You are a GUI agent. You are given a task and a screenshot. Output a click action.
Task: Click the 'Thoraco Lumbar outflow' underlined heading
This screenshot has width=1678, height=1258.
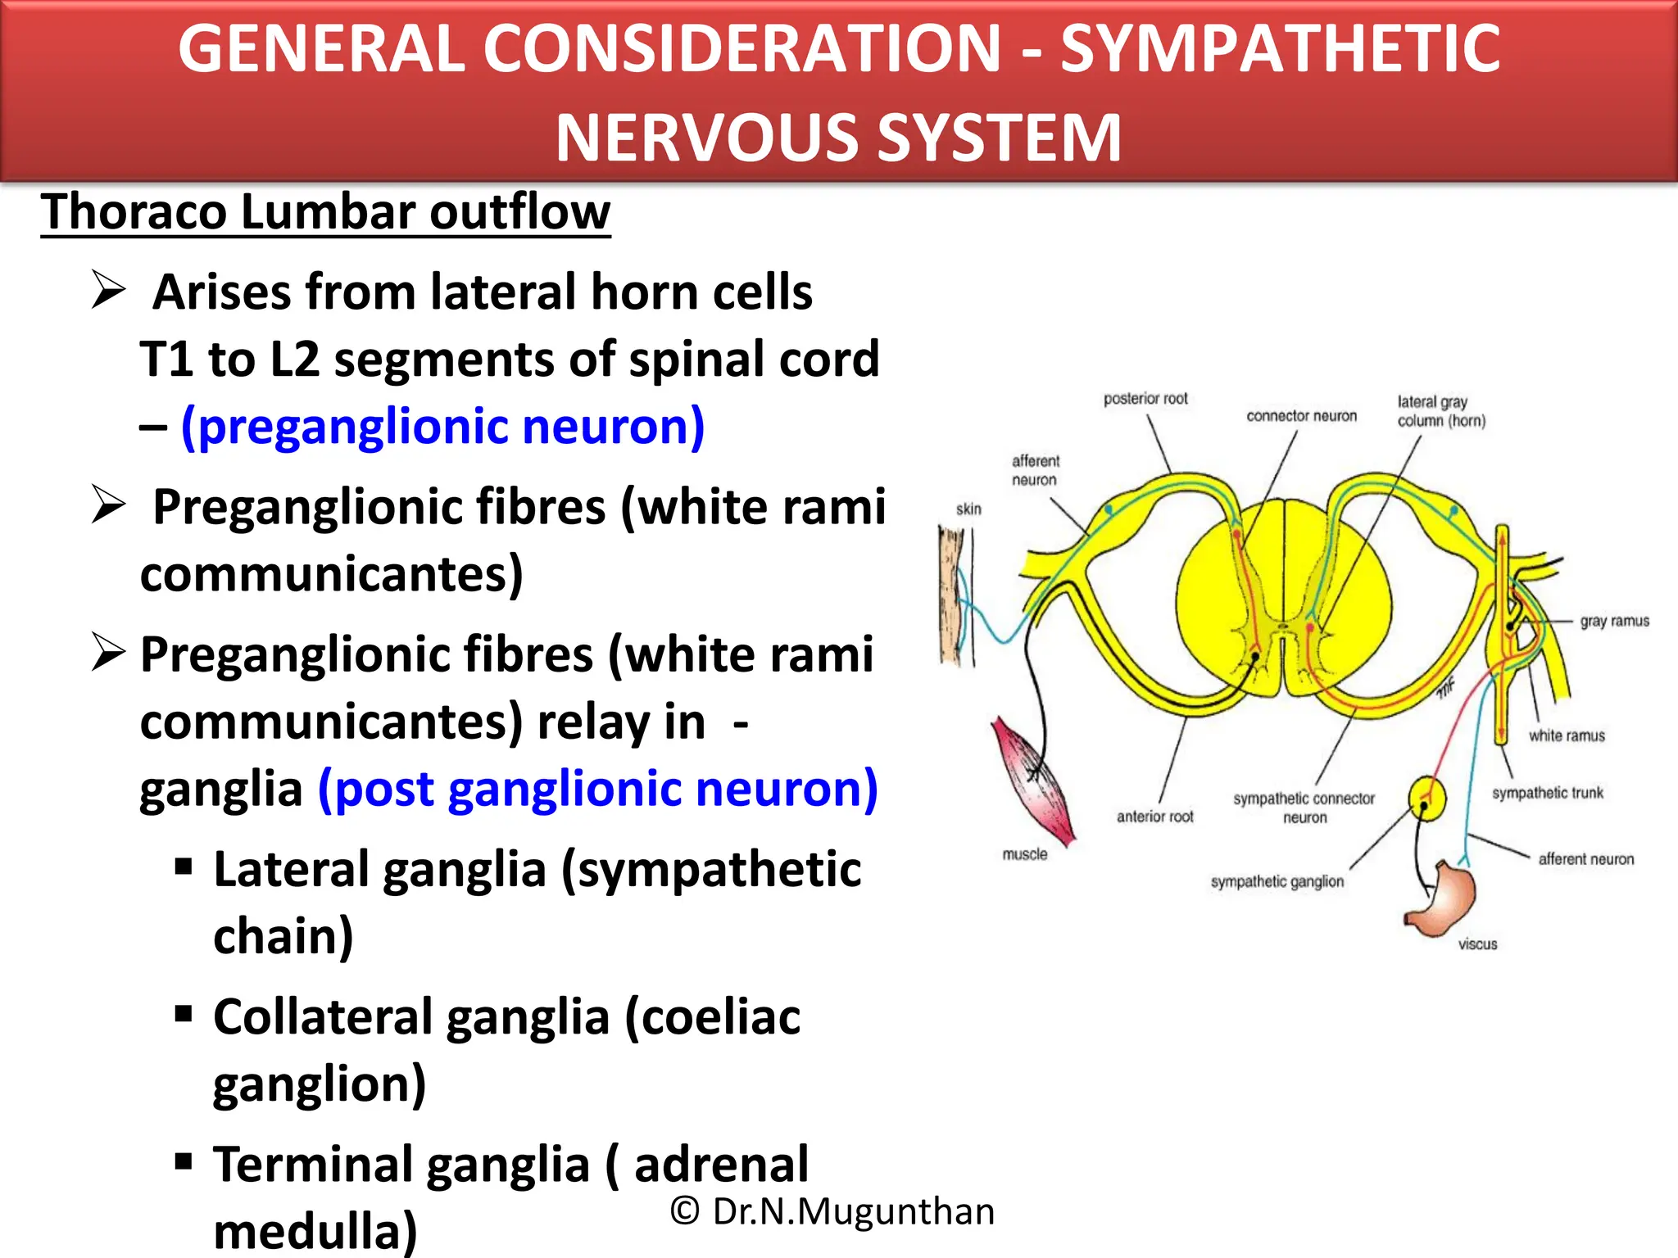(325, 212)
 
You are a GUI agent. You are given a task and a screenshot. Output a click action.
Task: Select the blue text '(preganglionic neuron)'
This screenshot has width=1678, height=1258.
(442, 427)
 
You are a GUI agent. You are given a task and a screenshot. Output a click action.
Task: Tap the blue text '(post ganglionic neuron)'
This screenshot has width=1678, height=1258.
(597, 789)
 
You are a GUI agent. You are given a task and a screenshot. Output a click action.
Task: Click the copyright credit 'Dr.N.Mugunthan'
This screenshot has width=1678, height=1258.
(852, 1211)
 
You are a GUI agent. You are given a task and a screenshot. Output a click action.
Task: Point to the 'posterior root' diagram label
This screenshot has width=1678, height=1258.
(1145, 399)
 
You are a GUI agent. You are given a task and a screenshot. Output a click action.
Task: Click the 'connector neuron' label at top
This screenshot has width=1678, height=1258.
(1301, 416)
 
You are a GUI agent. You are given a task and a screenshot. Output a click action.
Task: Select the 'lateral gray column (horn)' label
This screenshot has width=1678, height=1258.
(1440, 411)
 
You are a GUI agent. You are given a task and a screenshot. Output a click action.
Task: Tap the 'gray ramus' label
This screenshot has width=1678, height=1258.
(1614, 621)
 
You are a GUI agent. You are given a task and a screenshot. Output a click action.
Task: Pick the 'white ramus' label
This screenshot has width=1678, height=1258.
(1566, 735)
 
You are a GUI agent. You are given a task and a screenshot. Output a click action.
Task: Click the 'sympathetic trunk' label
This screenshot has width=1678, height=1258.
(1547, 793)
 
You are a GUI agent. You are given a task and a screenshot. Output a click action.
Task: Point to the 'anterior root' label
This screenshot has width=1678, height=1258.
(1154, 817)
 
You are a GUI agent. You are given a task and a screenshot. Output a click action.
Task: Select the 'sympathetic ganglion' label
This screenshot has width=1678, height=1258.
(1277, 881)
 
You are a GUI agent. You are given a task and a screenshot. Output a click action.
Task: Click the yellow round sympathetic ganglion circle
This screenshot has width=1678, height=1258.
(1426, 797)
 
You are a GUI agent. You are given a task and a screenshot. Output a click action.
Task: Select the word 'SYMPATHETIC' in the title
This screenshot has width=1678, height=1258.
(1280, 49)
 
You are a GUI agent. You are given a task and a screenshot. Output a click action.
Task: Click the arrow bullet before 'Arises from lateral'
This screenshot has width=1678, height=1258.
(108, 291)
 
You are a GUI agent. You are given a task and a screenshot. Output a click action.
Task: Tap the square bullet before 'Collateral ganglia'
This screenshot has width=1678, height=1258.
(184, 1015)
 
